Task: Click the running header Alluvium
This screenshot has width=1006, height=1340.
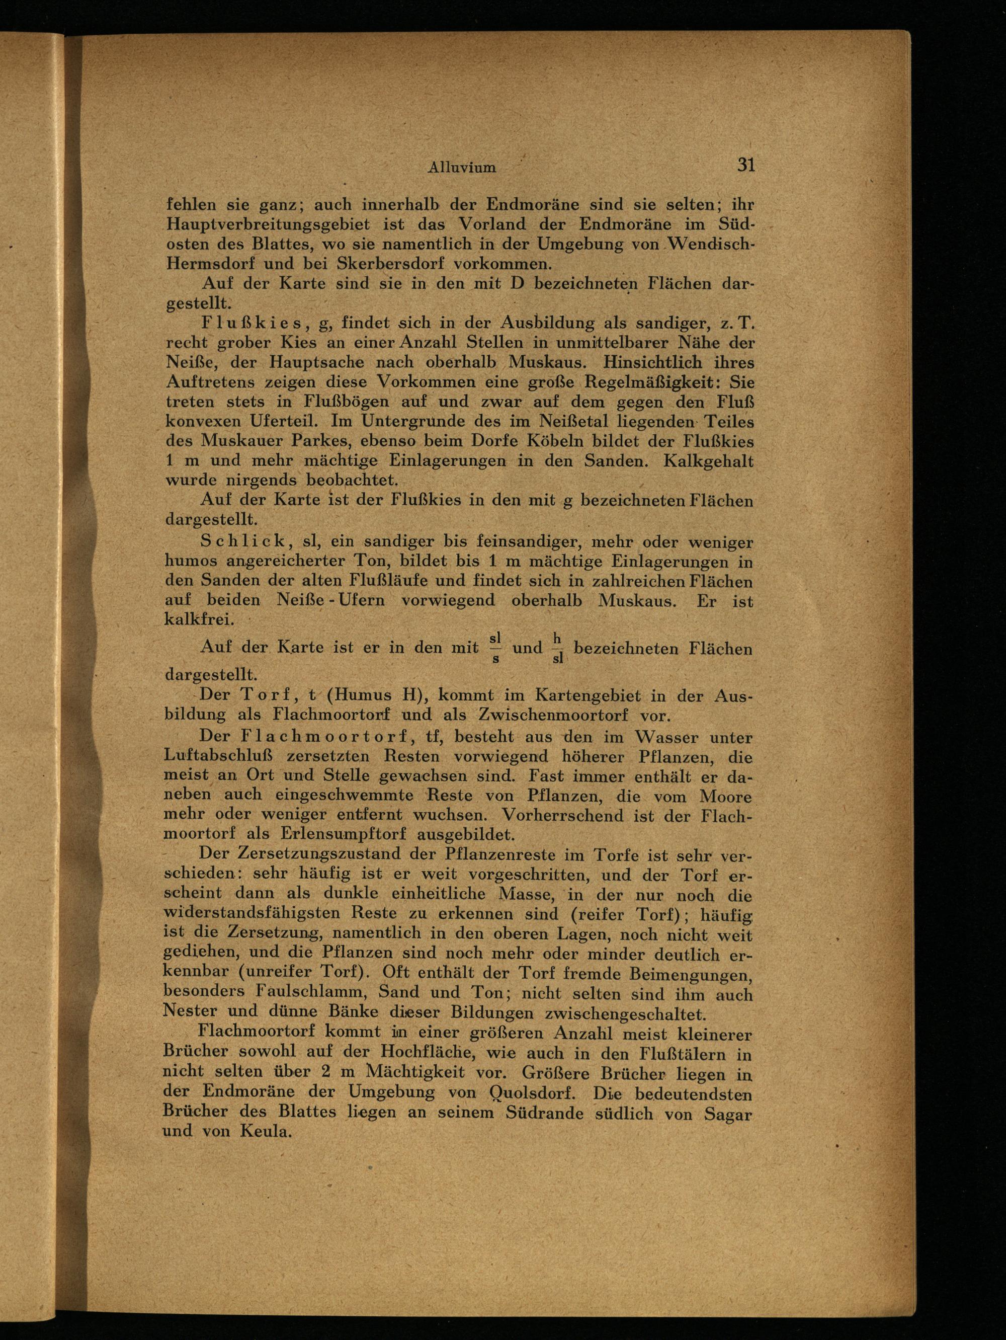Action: pyautogui.click(x=462, y=168)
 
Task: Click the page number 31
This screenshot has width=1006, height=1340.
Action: pyautogui.click(x=745, y=166)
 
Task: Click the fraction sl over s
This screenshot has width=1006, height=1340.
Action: pyautogui.click(x=495, y=649)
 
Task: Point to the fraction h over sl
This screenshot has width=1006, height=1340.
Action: pyautogui.click(x=557, y=649)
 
